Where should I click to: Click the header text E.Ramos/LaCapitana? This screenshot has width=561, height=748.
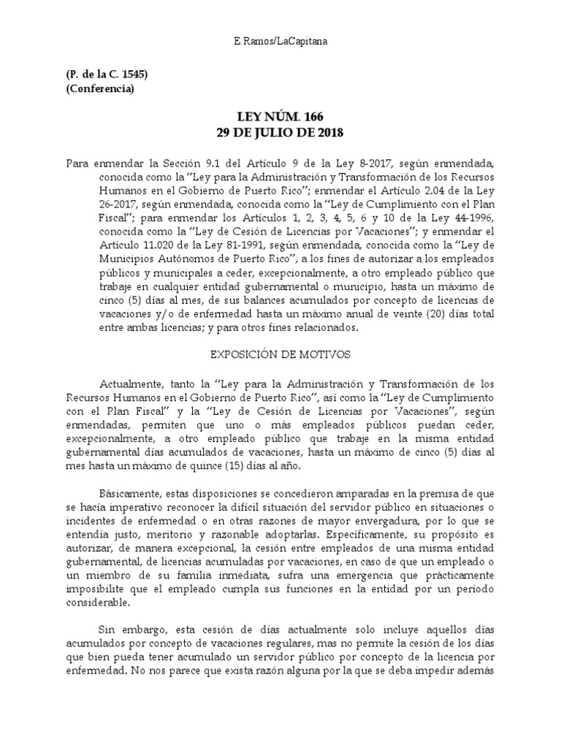pos(280,42)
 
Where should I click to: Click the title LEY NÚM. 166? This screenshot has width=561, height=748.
pos(280,118)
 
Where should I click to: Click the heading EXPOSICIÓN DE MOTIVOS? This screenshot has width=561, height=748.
pos(280,354)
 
